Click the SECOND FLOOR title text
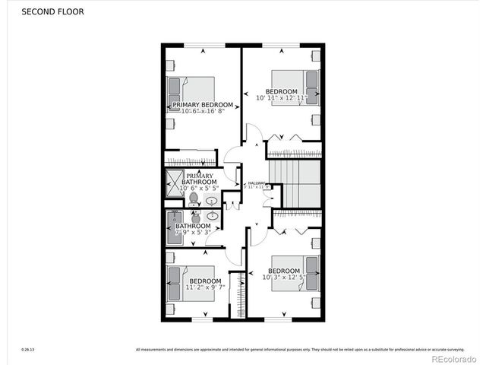pos(52,12)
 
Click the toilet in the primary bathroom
pos(194,199)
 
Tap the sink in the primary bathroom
pos(213,201)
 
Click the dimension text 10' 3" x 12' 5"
pos(283,278)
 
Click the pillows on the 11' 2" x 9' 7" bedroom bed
pos(174,283)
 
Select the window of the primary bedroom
pos(203,44)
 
